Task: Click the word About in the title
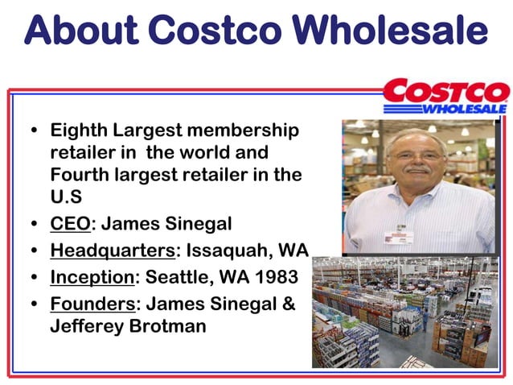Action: coord(80,30)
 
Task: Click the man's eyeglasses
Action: coord(417,155)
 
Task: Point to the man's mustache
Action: coord(419,170)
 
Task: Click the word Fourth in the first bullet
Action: coord(81,174)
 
